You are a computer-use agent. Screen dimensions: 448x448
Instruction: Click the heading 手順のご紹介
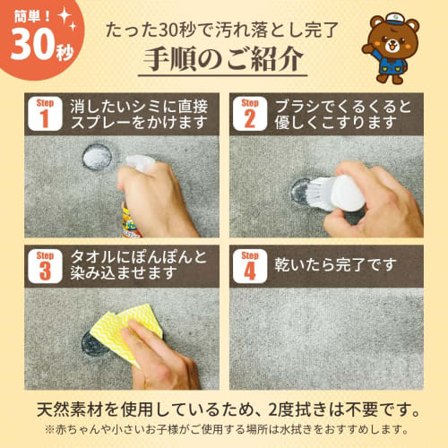coord(224,62)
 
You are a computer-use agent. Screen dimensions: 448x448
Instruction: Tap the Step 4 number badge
coord(250,266)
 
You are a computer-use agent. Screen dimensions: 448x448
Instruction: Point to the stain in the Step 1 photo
coord(96,158)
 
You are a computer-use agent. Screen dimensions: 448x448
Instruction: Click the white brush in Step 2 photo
coord(336,190)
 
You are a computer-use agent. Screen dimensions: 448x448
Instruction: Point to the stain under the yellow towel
coord(94,343)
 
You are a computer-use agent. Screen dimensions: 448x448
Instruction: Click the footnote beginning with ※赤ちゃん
coord(224,432)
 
